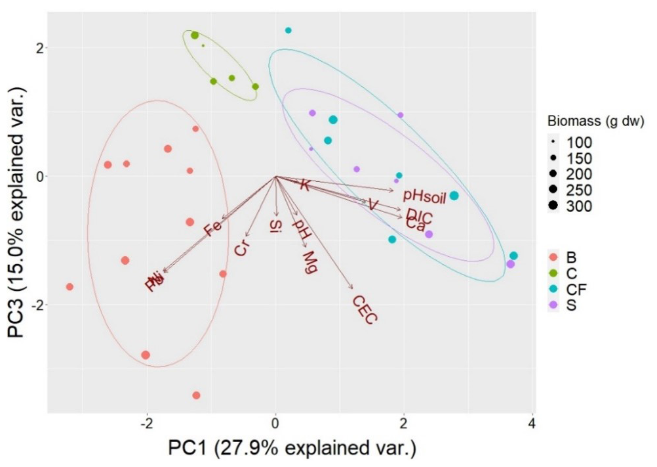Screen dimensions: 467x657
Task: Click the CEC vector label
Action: pyautogui.click(x=365, y=309)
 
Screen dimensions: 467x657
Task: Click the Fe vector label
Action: pyautogui.click(x=212, y=229)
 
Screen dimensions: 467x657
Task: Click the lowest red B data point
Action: pyautogui.click(x=196, y=395)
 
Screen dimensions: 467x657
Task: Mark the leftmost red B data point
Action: pyautogui.click(x=70, y=287)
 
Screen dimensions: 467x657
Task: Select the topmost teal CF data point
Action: pyautogui.click(x=289, y=30)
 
